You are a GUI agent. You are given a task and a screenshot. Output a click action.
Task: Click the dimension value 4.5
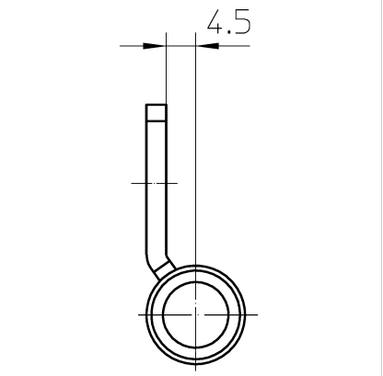click(x=229, y=21)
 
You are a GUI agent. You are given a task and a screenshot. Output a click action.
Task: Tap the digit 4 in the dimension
click(x=215, y=21)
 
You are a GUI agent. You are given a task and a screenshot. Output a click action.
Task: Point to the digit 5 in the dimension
click(x=243, y=22)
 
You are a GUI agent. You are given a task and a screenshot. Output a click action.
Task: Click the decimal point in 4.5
click(x=228, y=32)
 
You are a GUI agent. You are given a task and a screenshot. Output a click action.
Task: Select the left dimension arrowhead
click(x=155, y=46)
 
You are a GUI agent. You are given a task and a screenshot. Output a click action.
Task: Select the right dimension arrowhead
click(x=207, y=46)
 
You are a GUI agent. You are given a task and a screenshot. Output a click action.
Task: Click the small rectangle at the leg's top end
click(x=157, y=112)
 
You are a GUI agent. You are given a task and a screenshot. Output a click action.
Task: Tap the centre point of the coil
click(x=196, y=314)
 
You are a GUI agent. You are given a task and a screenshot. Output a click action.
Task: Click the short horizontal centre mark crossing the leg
click(x=155, y=183)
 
